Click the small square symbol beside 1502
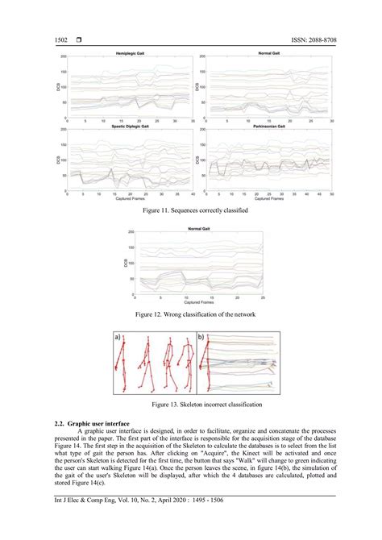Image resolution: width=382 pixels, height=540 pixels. pos(77,39)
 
